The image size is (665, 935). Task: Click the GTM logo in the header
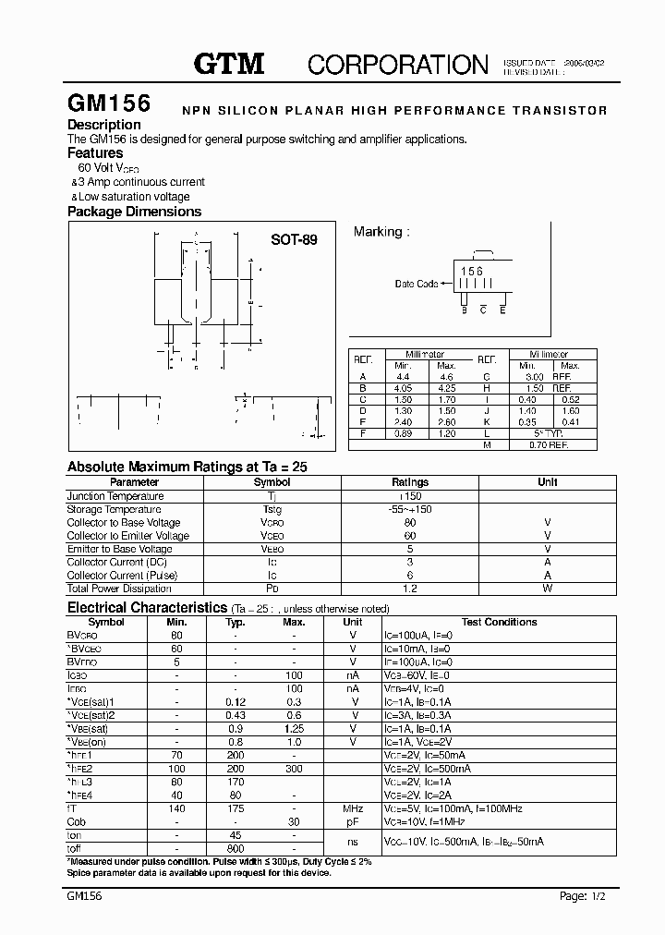pyautogui.click(x=229, y=64)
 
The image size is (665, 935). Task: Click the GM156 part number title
pyautogui.click(x=102, y=103)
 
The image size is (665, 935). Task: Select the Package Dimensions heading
pyautogui.click(x=134, y=212)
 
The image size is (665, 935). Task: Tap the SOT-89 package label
pyautogui.click(x=294, y=239)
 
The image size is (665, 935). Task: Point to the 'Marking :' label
pyautogui.click(x=381, y=232)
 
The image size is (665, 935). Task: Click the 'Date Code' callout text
pyautogui.click(x=417, y=284)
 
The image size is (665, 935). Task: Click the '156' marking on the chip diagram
pyautogui.click(x=472, y=271)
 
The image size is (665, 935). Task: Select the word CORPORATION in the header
pyautogui.click(x=397, y=64)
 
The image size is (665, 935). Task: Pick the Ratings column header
pyautogui.click(x=410, y=482)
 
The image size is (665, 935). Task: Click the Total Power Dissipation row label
pyautogui.click(x=120, y=588)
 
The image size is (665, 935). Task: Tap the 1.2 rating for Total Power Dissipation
pyautogui.click(x=410, y=588)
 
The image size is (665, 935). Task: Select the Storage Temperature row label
pyautogui.click(x=114, y=509)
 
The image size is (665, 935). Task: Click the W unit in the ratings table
pyautogui.click(x=548, y=588)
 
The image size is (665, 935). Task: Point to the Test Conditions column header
pyautogui.click(x=499, y=623)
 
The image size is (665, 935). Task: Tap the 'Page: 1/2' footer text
pyautogui.click(x=586, y=896)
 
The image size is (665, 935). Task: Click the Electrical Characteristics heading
pyautogui.click(x=147, y=608)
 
